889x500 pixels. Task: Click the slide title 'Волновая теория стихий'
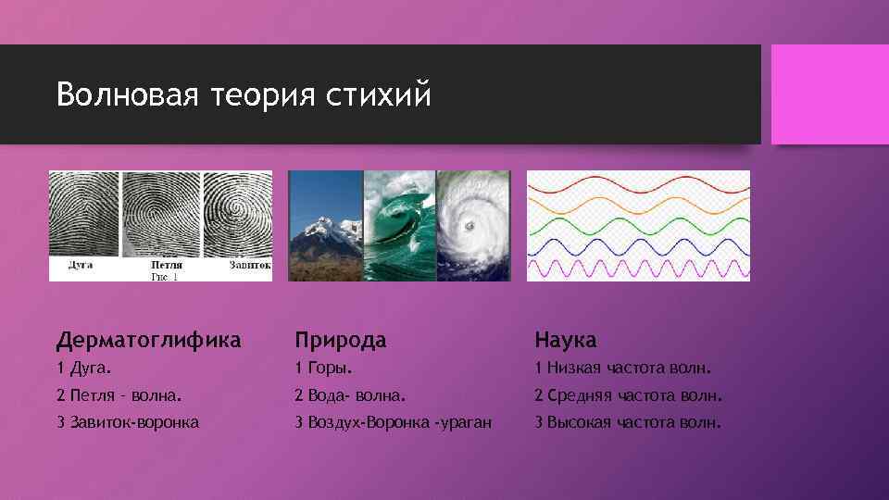pyautogui.click(x=244, y=94)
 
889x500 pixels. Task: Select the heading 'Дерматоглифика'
pyautogui.click(x=148, y=340)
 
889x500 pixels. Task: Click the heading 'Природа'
pyautogui.click(x=340, y=340)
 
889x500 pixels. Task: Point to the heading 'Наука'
pyautogui.click(x=565, y=340)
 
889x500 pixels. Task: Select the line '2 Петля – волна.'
pyautogui.click(x=119, y=396)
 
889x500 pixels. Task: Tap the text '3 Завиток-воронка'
pyautogui.click(x=127, y=423)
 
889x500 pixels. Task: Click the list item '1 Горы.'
pyautogui.click(x=324, y=369)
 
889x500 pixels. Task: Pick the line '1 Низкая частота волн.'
pyautogui.click(x=621, y=369)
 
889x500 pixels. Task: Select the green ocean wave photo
pyautogui.click(x=399, y=226)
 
